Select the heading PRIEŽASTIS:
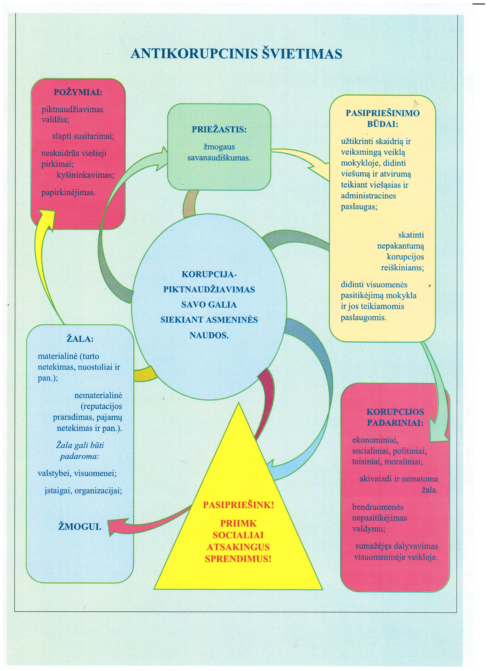(x=219, y=129)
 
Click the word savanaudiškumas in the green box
(x=219, y=158)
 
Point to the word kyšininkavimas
(x=85, y=175)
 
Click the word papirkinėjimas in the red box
(x=69, y=193)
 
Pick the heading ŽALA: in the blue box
(x=80, y=339)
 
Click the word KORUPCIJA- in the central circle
(x=209, y=274)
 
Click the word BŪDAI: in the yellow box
(x=383, y=124)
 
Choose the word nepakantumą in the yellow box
(x=400, y=246)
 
